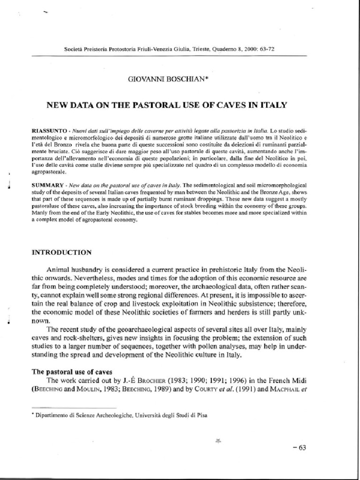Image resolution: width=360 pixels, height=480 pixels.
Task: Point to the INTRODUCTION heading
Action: (x=61, y=252)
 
